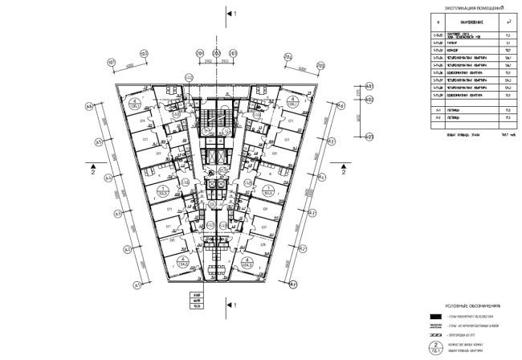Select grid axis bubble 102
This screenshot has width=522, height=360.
pos(145,55)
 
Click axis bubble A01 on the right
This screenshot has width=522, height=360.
pos(369,85)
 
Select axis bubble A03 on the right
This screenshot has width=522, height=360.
pos(369,136)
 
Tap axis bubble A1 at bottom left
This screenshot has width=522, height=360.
pos(137,284)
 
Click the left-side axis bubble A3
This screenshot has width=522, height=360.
pos(116,214)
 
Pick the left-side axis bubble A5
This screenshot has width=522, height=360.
pos(98,143)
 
